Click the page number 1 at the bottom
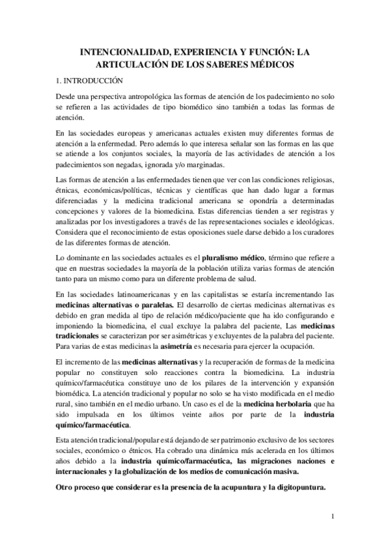coord(332,517)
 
